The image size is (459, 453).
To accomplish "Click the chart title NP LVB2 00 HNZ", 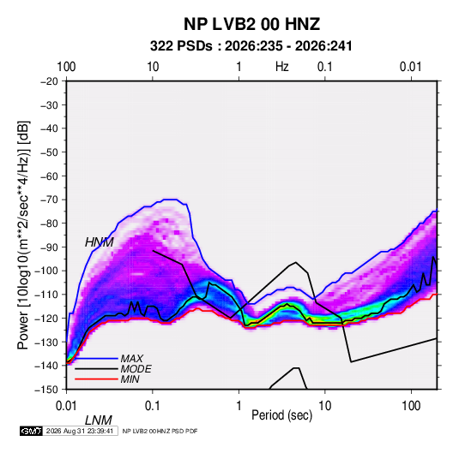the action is coord(251,24).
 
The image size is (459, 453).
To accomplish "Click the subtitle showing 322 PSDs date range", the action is coord(251,46).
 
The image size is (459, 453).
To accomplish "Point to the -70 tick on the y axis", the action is coord(49,200).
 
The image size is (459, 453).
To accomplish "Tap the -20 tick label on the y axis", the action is coord(49,81).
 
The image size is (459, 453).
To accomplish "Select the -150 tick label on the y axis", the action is coord(46,390).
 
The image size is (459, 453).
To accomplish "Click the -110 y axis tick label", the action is coord(46,295).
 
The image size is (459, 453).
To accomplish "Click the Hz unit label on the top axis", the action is coord(282,67).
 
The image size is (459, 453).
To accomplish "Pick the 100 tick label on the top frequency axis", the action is coord(66,67).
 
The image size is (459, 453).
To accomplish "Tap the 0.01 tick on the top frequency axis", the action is coord(411,67).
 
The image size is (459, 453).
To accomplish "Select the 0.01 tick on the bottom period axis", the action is coord(66,406).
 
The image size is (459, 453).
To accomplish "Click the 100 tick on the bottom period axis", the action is coord(411,406).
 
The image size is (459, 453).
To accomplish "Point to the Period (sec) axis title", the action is coord(282,415).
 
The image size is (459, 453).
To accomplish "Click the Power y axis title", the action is coord(23,235).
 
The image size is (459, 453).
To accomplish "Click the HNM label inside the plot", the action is coord(100,242).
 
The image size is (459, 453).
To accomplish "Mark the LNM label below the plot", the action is coord(99,420).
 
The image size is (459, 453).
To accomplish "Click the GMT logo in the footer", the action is coord(31,431).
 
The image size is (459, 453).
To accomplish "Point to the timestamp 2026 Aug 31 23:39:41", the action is coord(80,431).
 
